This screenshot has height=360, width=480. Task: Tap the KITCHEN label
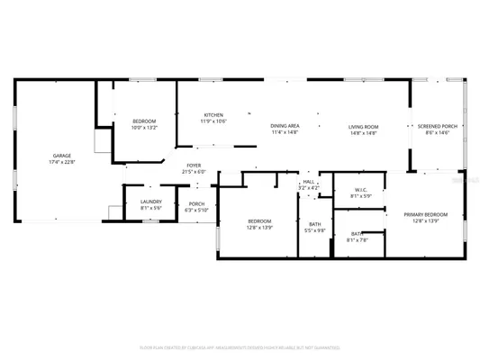pyautogui.click(x=213, y=115)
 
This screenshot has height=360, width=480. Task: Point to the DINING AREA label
pyautogui.click(x=285, y=127)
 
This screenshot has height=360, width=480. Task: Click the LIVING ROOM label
pyautogui.click(x=363, y=127)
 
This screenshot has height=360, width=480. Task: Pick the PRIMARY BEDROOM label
pyautogui.click(x=420, y=214)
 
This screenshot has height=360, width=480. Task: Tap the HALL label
pyautogui.click(x=308, y=182)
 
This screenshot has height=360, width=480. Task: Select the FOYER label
pyautogui.click(x=194, y=166)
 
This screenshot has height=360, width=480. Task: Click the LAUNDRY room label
pyautogui.click(x=151, y=202)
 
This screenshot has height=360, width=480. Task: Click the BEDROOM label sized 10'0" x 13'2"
pyautogui.click(x=144, y=121)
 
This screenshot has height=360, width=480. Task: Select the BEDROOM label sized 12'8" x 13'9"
pyautogui.click(x=259, y=220)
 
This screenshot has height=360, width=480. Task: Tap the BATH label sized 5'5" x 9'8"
pyautogui.click(x=315, y=224)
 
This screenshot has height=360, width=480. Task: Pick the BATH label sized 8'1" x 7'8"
pyautogui.click(x=357, y=234)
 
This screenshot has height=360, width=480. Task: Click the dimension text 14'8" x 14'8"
pyautogui.click(x=363, y=133)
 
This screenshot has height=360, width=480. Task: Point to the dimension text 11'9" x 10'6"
pyautogui.click(x=213, y=121)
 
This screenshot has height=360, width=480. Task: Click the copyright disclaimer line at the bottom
pyautogui.click(x=240, y=346)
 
